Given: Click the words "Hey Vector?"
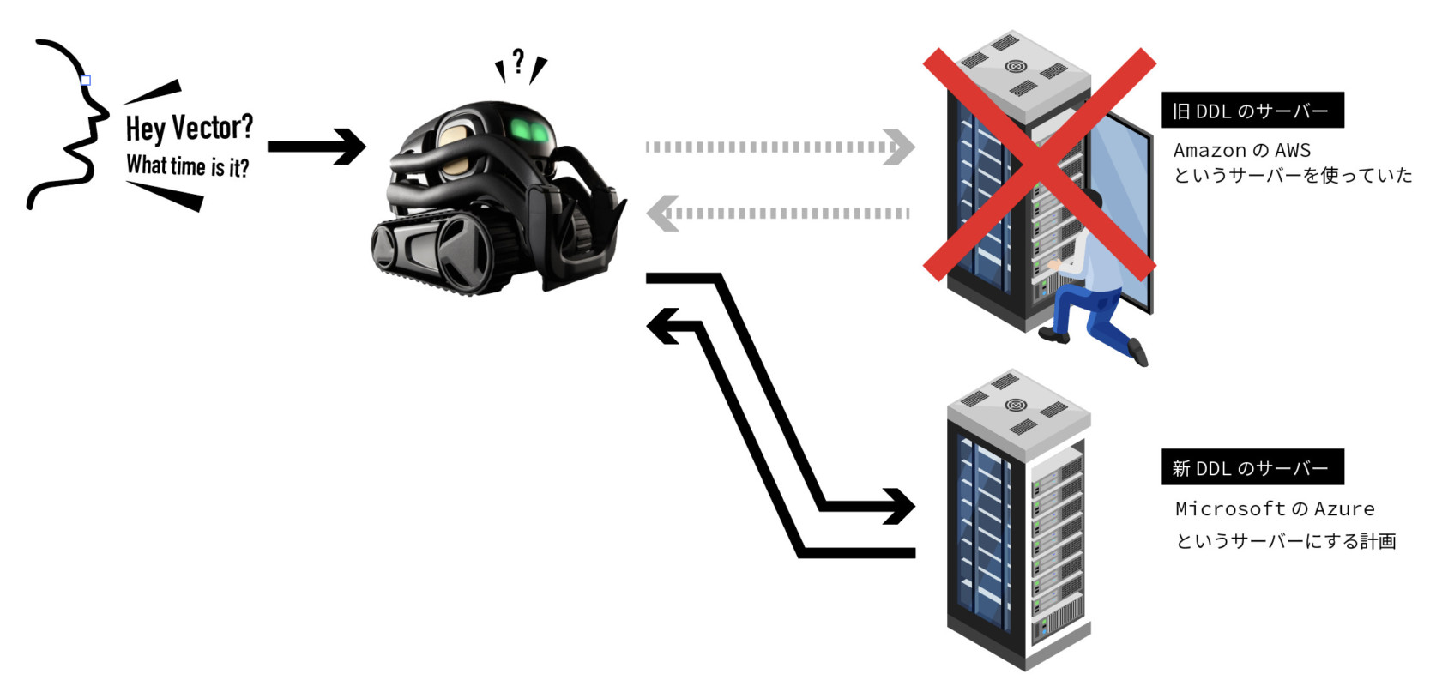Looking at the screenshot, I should (x=190, y=128).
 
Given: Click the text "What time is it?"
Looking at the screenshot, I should (x=188, y=165).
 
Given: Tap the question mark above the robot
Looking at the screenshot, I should (x=518, y=62).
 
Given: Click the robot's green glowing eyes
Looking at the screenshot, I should (x=530, y=130).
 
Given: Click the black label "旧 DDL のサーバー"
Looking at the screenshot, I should (x=1252, y=111).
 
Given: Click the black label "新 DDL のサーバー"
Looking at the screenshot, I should (x=1252, y=467).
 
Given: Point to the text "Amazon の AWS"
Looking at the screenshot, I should (x=1241, y=150).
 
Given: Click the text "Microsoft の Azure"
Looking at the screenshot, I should (x=1274, y=508).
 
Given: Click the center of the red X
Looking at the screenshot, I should (x=1039, y=164).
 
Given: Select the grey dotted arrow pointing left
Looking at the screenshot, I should (x=777, y=213).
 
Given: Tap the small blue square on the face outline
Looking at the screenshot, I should (x=85, y=81).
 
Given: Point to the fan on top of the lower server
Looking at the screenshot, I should (x=1015, y=405).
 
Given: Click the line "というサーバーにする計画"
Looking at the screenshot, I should (x=1285, y=541).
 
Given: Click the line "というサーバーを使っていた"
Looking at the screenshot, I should (x=1292, y=176).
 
